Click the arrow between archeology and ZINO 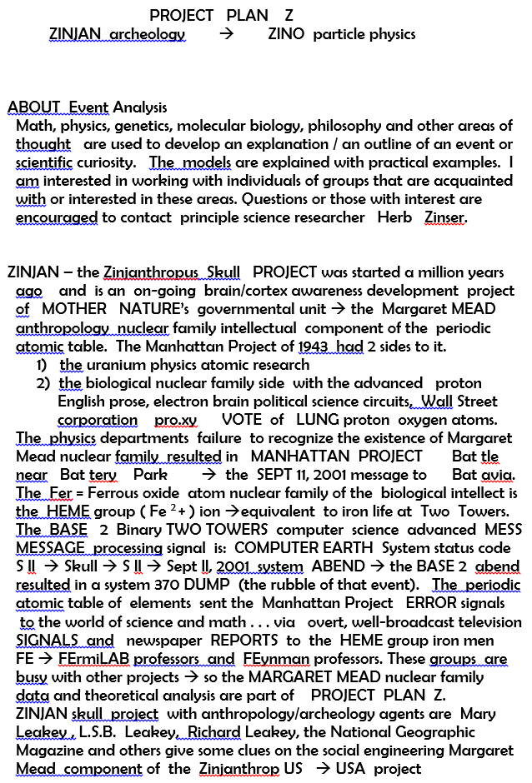[226, 34]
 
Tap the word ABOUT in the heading [34, 107]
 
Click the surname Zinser [445, 217]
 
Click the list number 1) [42, 365]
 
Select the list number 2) [43, 383]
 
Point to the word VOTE [242, 420]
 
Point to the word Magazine [48, 750]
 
